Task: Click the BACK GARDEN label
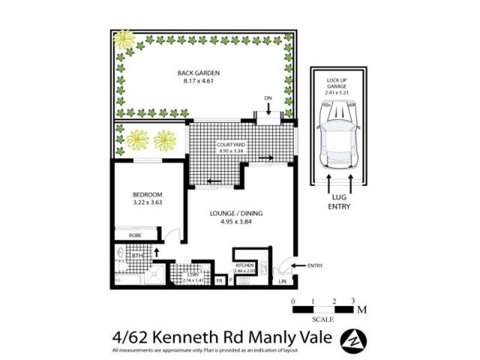click(x=194, y=73)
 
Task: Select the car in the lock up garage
click(x=339, y=134)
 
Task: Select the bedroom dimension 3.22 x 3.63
click(x=146, y=202)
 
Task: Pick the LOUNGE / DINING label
click(x=236, y=213)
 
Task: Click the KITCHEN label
click(x=245, y=265)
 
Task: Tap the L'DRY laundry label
click(x=193, y=274)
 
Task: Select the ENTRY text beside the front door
click(x=315, y=266)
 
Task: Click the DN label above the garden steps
click(x=268, y=97)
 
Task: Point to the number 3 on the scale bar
click(x=353, y=301)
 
